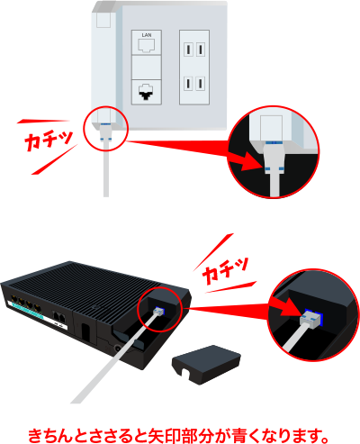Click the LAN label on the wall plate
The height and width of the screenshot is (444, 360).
147,35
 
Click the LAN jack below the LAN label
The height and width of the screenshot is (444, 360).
146,46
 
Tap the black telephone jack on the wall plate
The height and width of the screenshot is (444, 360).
146,92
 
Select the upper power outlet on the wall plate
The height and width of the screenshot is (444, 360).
194,50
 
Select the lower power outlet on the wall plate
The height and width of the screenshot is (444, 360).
194,84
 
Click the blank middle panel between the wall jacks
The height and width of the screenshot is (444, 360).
147,67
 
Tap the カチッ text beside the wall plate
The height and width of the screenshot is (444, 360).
48,140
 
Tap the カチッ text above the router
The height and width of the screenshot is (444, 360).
225,270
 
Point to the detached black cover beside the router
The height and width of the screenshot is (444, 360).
206,364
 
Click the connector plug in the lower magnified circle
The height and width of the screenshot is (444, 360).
311,319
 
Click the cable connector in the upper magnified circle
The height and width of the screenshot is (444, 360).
273,158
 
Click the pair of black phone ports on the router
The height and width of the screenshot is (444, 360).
59,317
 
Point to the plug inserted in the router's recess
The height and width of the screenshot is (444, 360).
159,312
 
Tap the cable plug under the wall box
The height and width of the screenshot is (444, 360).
105,132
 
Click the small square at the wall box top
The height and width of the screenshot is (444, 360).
103,20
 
